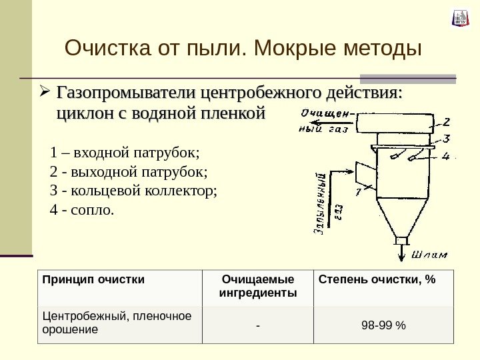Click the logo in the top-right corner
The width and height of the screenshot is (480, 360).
click(461, 18)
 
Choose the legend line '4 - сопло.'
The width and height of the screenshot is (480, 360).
click(82, 211)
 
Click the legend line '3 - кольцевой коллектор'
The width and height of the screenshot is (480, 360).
click(133, 192)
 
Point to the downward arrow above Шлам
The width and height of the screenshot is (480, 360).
click(401, 253)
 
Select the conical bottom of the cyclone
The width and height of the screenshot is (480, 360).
click(401, 216)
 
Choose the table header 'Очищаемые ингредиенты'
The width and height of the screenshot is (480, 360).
click(257, 286)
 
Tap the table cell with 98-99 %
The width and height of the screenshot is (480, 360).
click(383, 325)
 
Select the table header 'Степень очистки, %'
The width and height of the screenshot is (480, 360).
click(377, 279)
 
